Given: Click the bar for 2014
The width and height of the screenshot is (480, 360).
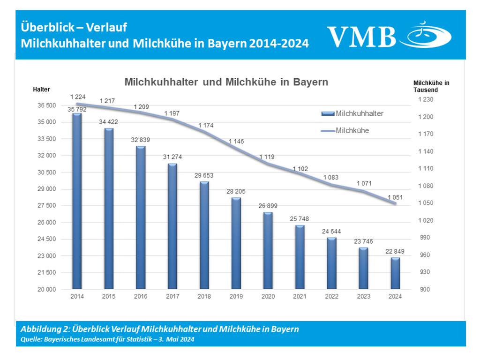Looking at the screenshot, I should pos(77,202).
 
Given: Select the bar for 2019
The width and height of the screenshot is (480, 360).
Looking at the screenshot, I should pos(236,243).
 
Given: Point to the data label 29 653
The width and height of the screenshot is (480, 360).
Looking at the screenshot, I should pos(204,176).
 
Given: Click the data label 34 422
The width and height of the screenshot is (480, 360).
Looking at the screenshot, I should pos(109,122).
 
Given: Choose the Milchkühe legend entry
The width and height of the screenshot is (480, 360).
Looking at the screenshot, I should pos(352,131).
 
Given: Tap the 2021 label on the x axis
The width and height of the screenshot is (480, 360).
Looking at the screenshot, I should pos(300,296).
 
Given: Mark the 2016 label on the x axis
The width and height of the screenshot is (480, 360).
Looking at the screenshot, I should pos(141,296).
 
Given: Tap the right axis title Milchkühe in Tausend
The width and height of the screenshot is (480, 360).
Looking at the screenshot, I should pos(431,86).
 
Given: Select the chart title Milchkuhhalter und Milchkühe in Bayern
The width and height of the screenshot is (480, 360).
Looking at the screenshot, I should pos(226,82).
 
